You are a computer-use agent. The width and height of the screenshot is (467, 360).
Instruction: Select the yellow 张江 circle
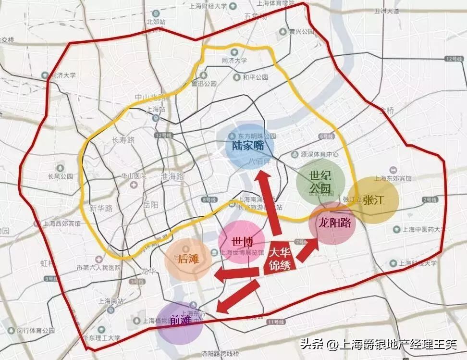click(x=373, y=200)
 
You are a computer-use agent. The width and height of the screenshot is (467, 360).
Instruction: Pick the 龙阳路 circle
click(x=332, y=223)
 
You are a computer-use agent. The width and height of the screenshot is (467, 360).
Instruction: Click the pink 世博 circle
click(x=241, y=242)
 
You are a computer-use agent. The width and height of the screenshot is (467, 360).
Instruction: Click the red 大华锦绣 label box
click(x=280, y=260)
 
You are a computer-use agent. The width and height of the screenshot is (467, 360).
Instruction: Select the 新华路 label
click(x=100, y=208)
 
